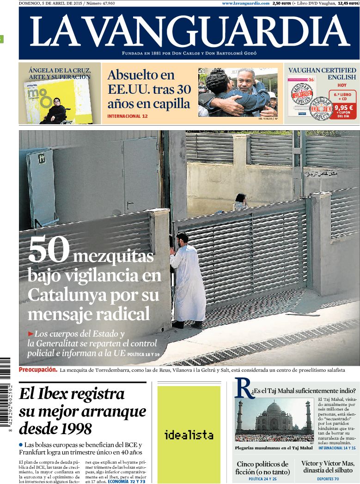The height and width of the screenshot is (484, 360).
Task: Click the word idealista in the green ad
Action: click(189, 435)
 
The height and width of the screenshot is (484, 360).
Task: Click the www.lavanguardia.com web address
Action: click(245, 3)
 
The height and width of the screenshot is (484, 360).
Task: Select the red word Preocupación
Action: click(38, 369)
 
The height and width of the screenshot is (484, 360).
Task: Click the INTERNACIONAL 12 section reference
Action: click(127, 116)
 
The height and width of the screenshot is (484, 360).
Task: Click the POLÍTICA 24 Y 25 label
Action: click(262, 479)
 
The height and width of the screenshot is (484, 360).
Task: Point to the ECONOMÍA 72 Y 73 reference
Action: click(126, 481)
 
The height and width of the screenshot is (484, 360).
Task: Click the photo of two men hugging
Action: click(238, 92)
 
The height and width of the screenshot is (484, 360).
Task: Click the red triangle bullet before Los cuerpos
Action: click(31, 333)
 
